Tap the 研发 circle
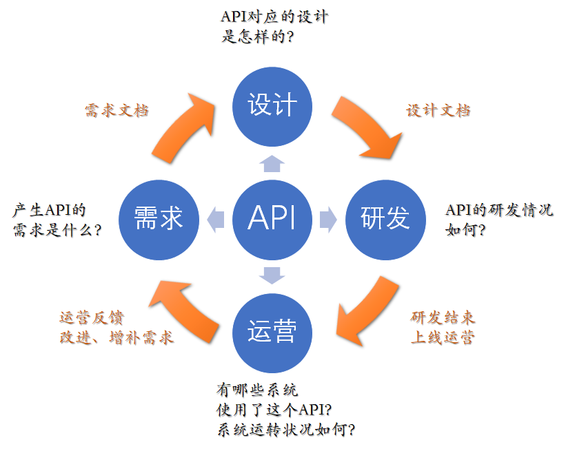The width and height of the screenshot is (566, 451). (385, 218)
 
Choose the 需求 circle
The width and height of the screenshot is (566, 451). (159, 218)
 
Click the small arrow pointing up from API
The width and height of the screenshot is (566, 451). (272, 163)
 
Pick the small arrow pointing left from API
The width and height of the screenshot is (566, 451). (216, 219)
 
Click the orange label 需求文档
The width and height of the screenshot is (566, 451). (117, 111)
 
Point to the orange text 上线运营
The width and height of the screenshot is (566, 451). (443, 338)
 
